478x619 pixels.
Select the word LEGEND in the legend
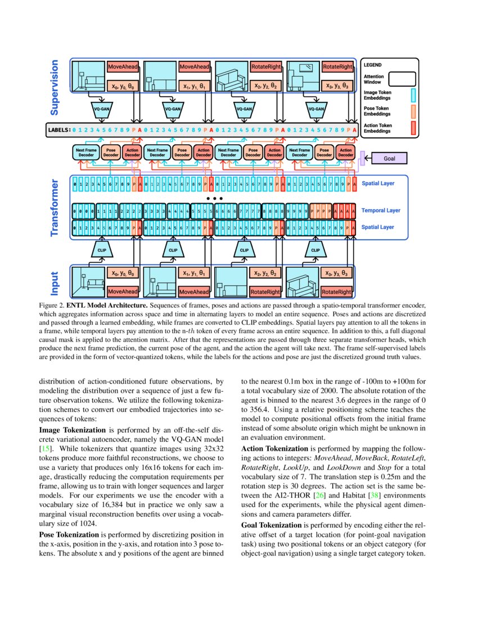click(373, 65)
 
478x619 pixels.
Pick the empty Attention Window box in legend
click(399, 78)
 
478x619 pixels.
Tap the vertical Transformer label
click(55, 208)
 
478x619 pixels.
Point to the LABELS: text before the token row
click(58, 130)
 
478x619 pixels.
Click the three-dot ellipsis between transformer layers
click(214, 199)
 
